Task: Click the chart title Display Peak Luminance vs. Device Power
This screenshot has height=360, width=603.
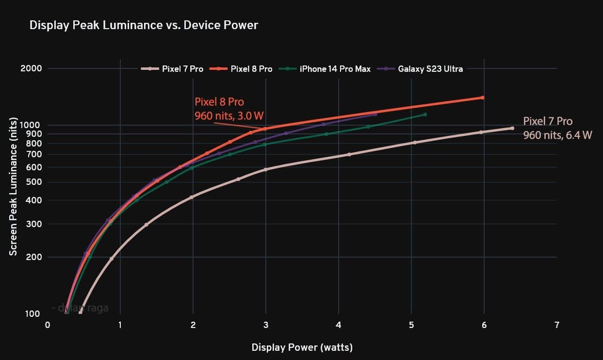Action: (144, 25)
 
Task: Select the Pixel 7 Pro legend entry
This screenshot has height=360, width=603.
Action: (173, 69)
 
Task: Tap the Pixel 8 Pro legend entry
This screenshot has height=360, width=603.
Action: (242, 69)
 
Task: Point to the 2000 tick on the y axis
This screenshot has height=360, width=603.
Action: (31, 68)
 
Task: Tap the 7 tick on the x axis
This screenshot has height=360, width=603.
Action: (556, 325)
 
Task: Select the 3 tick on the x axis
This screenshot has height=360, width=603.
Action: (265, 325)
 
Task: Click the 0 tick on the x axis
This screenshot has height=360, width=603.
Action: (48, 325)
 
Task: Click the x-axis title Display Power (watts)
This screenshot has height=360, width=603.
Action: (302, 347)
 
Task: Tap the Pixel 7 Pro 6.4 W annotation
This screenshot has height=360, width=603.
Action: (557, 128)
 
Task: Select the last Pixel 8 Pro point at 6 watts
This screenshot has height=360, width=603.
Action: (482, 98)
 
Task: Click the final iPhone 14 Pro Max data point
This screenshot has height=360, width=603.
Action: (425, 115)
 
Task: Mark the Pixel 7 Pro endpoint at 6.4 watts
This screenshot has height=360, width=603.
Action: (512, 128)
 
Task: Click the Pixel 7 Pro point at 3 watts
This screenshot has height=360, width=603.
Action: (265, 169)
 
